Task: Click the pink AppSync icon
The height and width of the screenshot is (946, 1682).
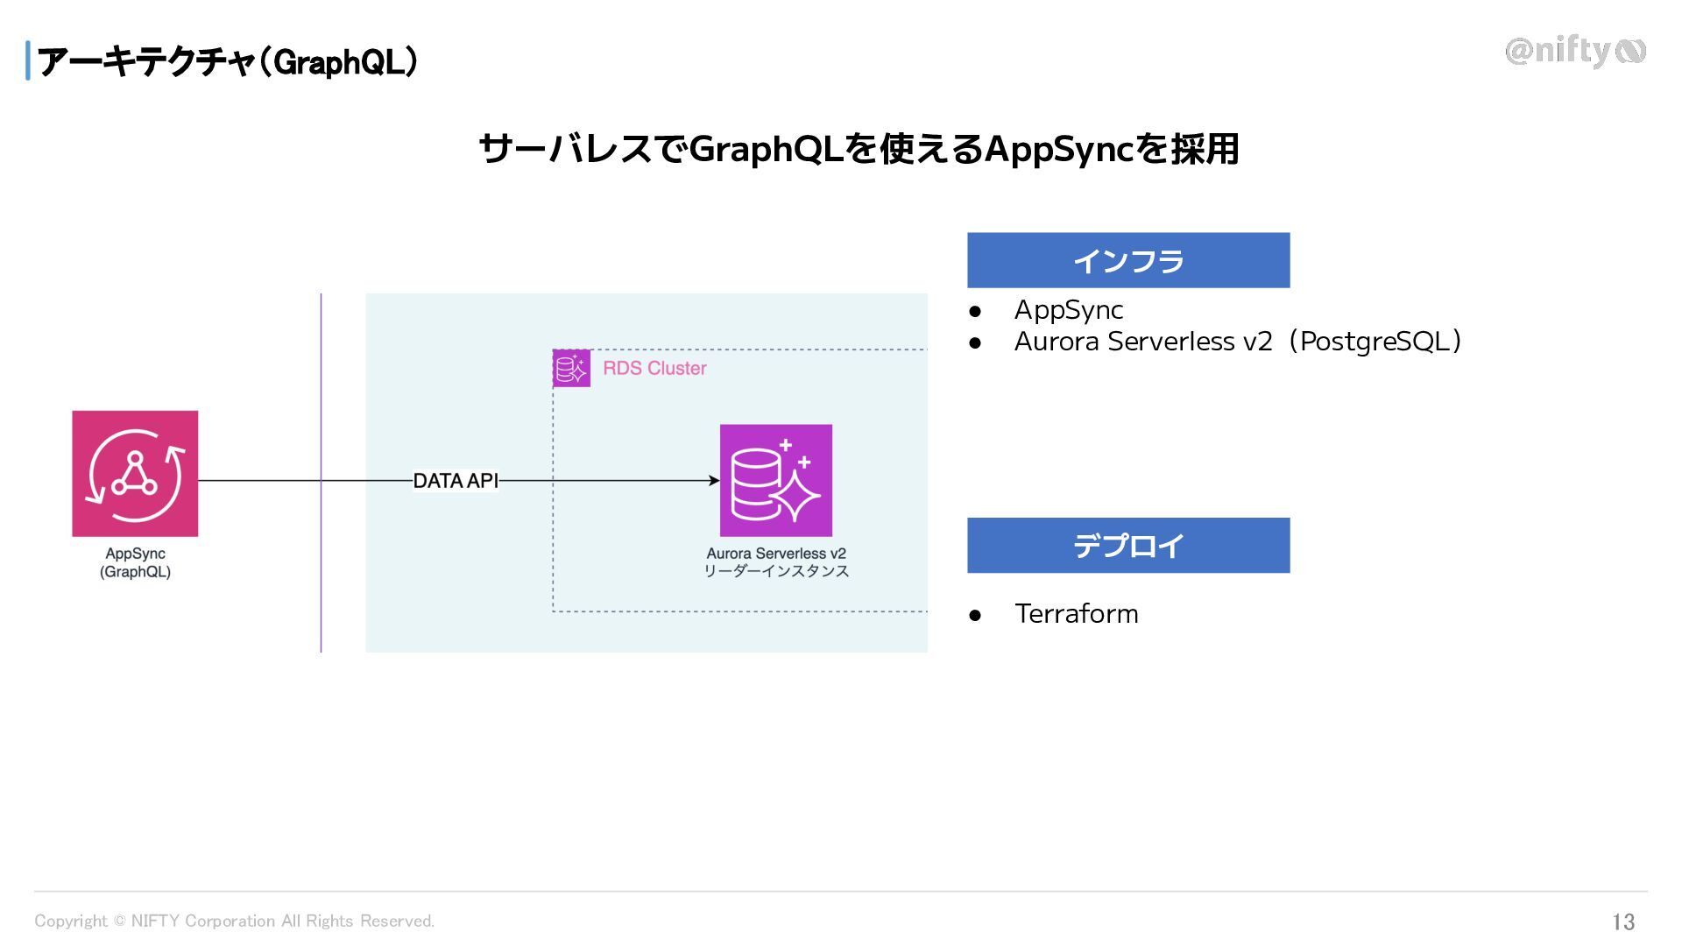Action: pyautogui.click(x=135, y=473)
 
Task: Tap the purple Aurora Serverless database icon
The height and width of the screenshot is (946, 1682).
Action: pyautogui.click(x=775, y=480)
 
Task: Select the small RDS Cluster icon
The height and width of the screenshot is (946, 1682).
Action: pyautogui.click(x=571, y=368)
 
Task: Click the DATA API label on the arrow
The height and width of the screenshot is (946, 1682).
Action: pyautogui.click(x=456, y=481)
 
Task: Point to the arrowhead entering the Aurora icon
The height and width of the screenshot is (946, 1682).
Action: pyautogui.click(x=714, y=481)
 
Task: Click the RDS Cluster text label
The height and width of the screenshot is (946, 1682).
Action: pyautogui.click(x=654, y=368)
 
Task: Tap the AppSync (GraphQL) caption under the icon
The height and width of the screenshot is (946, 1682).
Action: pyautogui.click(x=135, y=562)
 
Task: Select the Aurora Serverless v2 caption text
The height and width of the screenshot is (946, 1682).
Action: pyautogui.click(x=776, y=554)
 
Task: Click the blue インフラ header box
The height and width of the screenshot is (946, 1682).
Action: pyautogui.click(x=1128, y=260)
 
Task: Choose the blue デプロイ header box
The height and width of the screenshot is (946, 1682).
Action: pyautogui.click(x=1128, y=546)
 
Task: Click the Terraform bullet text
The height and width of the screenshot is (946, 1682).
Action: pyautogui.click(x=1077, y=613)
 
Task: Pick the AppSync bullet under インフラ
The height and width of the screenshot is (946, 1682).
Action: pyautogui.click(x=1069, y=309)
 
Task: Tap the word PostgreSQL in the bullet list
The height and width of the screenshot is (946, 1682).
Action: pyautogui.click(x=1374, y=341)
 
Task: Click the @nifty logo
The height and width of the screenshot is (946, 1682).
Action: pyautogui.click(x=1575, y=52)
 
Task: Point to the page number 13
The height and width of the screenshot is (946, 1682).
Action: pyautogui.click(x=1623, y=921)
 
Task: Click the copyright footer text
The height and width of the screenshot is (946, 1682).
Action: pyautogui.click(x=234, y=921)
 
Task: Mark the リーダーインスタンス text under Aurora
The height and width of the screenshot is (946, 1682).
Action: pyautogui.click(x=776, y=571)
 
